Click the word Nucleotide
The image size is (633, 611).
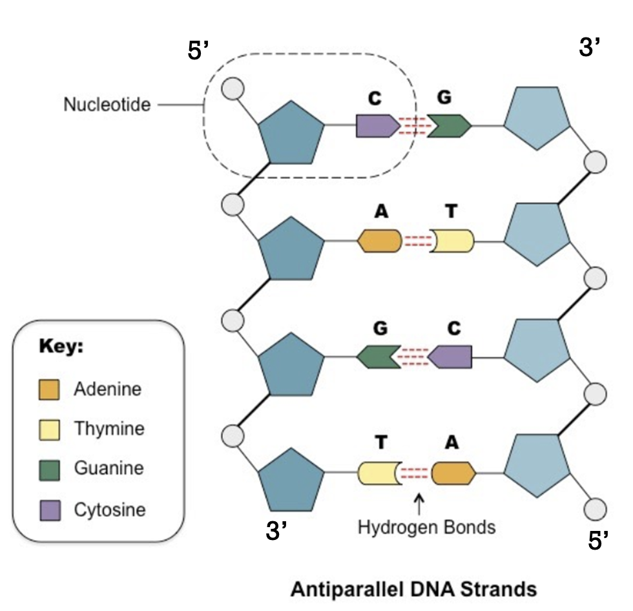[107, 105]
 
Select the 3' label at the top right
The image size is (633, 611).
[590, 47]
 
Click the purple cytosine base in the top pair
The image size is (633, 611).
[378, 126]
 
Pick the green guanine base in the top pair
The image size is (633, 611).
[450, 126]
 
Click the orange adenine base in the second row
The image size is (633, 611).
[380, 241]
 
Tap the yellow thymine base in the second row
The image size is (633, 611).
[451, 241]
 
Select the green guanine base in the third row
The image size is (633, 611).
[379, 357]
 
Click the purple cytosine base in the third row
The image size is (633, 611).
[450, 357]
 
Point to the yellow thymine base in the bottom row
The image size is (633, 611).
[380, 473]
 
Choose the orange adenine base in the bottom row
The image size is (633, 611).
[453, 473]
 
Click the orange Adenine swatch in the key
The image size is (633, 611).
[49, 389]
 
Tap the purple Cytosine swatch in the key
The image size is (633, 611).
[50, 510]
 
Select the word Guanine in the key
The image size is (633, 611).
[109, 468]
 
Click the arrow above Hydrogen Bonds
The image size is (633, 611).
[419, 504]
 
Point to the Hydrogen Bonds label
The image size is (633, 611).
[427, 527]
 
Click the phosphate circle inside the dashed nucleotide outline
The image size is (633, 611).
[233, 88]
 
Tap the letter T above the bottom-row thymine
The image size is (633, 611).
[381, 442]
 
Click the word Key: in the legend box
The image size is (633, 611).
[61, 346]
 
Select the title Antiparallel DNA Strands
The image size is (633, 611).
[414, 589]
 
